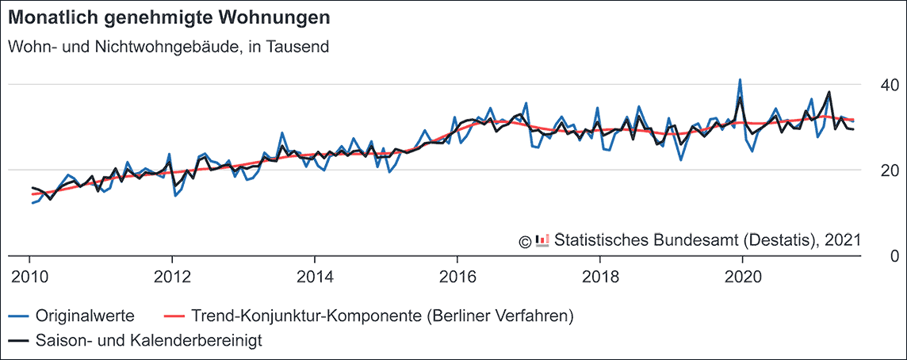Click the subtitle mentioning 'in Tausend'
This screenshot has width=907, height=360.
(168, 47)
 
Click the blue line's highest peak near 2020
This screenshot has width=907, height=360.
(740, 80)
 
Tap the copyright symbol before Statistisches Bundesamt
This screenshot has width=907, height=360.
(525, 240)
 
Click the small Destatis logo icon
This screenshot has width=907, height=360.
(543, 239)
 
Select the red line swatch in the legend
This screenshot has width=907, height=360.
(172, 316)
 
